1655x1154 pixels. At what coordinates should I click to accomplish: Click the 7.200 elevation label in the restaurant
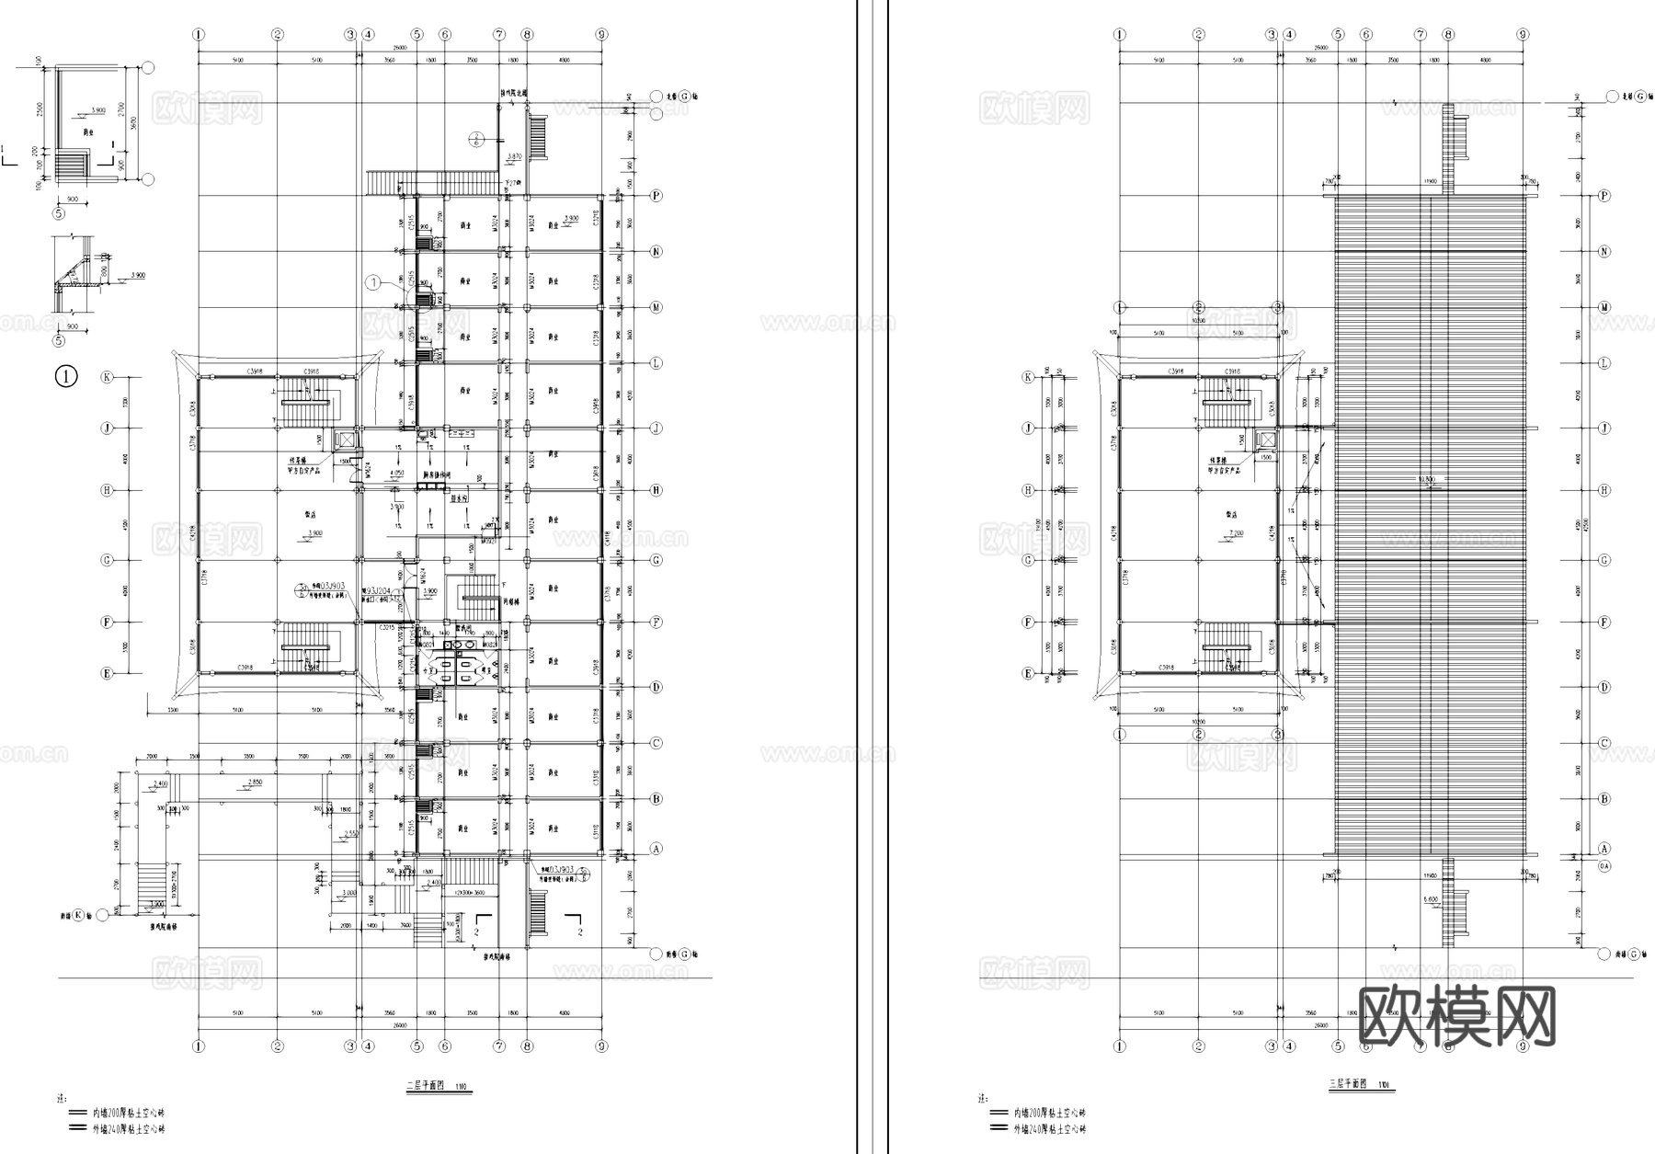click(1235, 533)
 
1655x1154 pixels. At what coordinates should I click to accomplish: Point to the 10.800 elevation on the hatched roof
click(1428, 479)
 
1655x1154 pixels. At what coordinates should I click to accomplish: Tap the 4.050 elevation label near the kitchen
click(396, 473)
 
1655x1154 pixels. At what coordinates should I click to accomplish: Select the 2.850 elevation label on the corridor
click(255, 782)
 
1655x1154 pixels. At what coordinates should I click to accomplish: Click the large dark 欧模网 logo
click(1456, 1017)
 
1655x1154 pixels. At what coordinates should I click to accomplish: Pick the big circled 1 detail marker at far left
click(67, 376)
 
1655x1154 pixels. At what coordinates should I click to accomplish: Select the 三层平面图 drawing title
click(1352, 1085)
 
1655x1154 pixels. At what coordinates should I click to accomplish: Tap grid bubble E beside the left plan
click(107, 674)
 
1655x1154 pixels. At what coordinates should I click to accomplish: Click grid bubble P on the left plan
click(656, 196)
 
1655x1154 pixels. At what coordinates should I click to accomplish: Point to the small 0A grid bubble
click(1604, 866)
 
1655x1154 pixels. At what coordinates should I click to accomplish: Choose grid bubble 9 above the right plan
click(1523, 35)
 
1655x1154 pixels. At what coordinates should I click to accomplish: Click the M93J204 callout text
click(379, 589)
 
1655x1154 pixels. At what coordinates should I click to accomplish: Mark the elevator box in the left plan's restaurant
click(344, 440)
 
